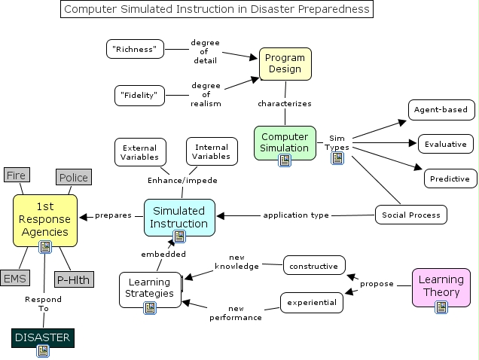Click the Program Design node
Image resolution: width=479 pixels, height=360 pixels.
click(285, 63)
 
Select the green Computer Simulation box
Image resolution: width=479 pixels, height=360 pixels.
click(284, 142)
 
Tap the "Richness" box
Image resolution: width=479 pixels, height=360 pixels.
click(135, 49)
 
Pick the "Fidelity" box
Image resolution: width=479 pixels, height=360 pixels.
click(140, 96)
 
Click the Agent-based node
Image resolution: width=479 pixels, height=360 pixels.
click(441, 109)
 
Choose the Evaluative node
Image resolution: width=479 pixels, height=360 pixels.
click(445, 144)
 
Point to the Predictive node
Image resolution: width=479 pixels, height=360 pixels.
click(450, 178)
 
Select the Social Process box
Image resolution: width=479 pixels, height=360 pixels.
click(411, 215)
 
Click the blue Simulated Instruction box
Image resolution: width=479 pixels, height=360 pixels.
click(179, 217)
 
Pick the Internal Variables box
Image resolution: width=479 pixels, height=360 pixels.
click(212, 151)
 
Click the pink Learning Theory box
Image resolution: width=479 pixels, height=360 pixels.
click(441, 286)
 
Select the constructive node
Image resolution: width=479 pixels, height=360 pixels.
click(314, 265)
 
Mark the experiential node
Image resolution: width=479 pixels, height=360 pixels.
click(312, 303)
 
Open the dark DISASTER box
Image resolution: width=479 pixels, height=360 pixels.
click(42, 337)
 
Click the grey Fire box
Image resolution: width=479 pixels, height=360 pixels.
click(16, 175)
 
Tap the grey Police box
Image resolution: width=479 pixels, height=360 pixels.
click(73, 178)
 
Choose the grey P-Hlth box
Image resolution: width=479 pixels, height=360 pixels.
click(73, 279)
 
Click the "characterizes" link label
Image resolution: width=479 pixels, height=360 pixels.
click(285, 103)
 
